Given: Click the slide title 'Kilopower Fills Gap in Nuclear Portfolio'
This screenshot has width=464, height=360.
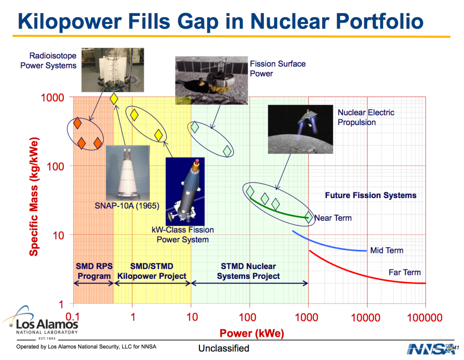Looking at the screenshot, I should [220, 21].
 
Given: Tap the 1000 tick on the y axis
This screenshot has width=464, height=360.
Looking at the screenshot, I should [53, 97].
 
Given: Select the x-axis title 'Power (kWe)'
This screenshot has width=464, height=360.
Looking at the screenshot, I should [251, 334].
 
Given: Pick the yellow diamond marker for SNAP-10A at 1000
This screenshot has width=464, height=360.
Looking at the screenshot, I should [114, 98].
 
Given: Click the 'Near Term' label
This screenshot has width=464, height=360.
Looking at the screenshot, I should [333, 218].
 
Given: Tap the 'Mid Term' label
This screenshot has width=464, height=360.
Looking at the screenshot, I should [386, 250].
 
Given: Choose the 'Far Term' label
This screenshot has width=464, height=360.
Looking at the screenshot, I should [405, 272].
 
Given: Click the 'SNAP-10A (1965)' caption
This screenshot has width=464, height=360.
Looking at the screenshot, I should [127, 206].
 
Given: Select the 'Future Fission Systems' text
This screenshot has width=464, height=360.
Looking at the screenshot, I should [371, 195].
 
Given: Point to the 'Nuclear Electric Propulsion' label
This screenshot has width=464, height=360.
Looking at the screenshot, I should [366, 117].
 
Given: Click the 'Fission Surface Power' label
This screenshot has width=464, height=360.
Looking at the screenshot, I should [277, 68].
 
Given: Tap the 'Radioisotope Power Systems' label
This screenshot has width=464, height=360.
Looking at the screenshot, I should [48, 61].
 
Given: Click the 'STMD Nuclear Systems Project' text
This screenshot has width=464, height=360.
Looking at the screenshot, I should [248, 271].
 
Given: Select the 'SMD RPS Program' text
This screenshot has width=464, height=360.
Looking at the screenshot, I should [94, 271].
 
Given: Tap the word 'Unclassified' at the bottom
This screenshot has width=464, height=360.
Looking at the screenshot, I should [224, 348].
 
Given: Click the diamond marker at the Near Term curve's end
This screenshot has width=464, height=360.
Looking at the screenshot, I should [309, 217].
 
